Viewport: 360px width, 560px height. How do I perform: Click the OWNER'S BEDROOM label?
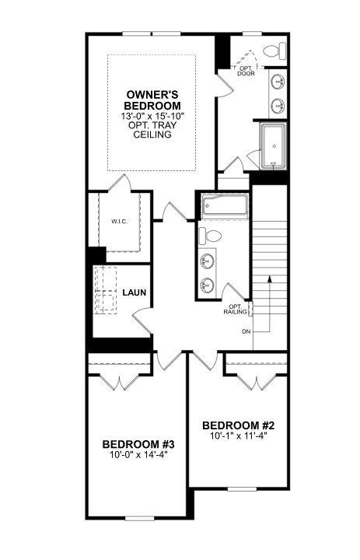pyautogui.click(x=153, y=100)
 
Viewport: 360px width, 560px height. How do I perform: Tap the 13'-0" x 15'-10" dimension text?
pyautogui.click(x=153, y=116)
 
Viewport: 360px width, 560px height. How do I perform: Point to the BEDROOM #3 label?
pyautogui.click(x=138, y=444)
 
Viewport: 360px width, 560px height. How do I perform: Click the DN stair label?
pyautogui.click(x=246, y=332)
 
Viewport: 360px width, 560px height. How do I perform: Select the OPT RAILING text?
pyautogui.click(x=235, y=309)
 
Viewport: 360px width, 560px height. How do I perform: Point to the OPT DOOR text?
pyautogui.click(x=246, y=71)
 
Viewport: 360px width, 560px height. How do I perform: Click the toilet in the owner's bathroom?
pyautogui.click(x=272, y=52)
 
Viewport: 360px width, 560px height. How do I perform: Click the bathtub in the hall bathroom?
pyautogui.click(x=224, y=207)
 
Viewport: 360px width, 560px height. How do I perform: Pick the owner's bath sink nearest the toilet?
pyautogui.click(x=278, y=82)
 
